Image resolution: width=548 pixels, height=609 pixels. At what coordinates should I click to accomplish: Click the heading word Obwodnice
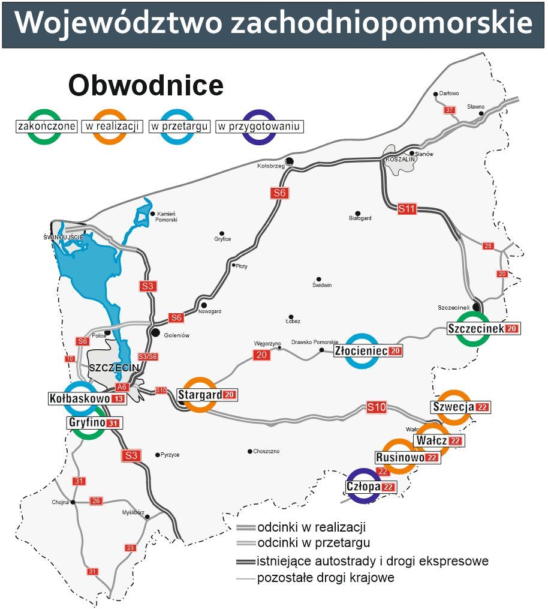click(x=146, y=86)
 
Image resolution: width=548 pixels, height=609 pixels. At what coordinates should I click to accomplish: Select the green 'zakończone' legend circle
click(x=46, y=126)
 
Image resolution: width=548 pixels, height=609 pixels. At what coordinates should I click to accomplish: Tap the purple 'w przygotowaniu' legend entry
click(x=260, y=126)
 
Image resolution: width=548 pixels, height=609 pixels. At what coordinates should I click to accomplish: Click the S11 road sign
click(x=407, y=209)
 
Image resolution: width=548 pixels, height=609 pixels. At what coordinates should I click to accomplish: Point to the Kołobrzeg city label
click(x=270, y=166)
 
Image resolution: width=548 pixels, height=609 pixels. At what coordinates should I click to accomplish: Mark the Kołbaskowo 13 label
click(x=87, y=398)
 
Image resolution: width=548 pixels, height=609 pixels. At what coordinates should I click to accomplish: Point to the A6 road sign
click(x=122, y=387)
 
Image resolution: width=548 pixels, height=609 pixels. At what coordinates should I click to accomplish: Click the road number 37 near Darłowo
click(x=449, y=110)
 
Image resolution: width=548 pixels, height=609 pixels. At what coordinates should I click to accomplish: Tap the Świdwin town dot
click(x=318, y=279)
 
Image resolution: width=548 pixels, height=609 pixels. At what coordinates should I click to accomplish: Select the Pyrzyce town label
click(x=170, y=455)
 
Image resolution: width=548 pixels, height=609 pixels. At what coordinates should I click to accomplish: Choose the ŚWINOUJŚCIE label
click(x=63, y=236)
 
